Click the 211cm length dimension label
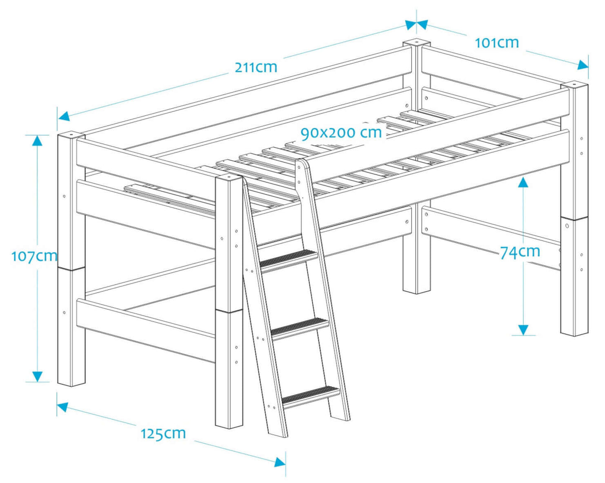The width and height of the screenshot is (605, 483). tap(256, 67)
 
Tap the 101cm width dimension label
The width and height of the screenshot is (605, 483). tap(497, 43)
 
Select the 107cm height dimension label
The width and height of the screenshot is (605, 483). tap(34, 256)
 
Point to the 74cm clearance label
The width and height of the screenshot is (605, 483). tap(520, 252)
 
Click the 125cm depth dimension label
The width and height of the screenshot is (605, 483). tap(163, 433)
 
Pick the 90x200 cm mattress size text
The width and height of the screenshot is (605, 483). tap(341, 133)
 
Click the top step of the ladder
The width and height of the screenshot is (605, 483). tap(288, 257)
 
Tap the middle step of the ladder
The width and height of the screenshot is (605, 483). tap(300, 326)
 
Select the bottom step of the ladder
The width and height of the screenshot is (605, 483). tap(311, 395)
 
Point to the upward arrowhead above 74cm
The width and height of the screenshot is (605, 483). tap(523, 182)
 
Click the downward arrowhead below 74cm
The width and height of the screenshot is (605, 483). tap(523, 330)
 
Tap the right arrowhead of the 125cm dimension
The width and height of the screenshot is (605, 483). tap(280, 462)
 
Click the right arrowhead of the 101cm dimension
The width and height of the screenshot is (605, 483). tap(582, 65)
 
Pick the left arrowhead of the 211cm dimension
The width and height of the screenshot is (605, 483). tap(64, 116)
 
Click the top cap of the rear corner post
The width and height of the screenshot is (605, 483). tap(417, 43)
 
